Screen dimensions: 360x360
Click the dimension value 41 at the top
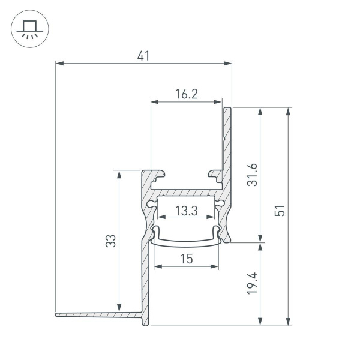tap(143, 56)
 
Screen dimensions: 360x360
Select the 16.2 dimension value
tap(187, 94)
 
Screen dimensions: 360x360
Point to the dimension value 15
tap(186, 259)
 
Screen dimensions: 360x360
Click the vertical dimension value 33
tap(110, 241)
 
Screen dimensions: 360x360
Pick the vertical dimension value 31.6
tap(251, 175)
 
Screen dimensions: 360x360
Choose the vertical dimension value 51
tap(280, 211)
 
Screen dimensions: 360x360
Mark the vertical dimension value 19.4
tap(251, 283)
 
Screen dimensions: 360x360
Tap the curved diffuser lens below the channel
tap(186, 242)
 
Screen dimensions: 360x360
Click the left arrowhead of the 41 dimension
tap(58, 62)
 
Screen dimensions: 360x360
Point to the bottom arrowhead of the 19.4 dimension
tap(260, 322)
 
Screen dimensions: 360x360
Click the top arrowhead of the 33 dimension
tap(119, 173)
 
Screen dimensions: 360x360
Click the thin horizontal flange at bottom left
tap(96, 313)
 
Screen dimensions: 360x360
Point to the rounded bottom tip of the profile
tap(145, 323)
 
